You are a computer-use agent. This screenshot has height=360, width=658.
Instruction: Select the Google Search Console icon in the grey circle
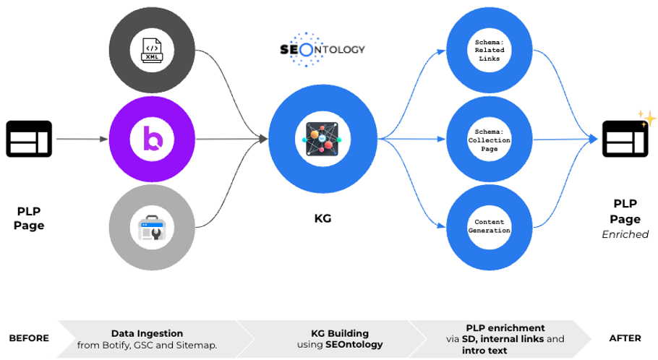pyautogui.click(x=153, y=228)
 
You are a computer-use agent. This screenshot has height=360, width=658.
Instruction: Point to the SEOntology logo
pyautogui.click(x=322, y=50)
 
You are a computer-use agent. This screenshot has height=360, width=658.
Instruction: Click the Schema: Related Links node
pyautogui.click(x=489, y=50)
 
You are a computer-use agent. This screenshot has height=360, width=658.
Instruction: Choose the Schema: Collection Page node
pyautogui.click(x=489, y=139)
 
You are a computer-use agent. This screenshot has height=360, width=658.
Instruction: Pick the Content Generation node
pyautogui.click(x=489, y=226)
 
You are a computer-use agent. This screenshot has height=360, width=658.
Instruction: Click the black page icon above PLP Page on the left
pyautogui.click(x=29, y=138)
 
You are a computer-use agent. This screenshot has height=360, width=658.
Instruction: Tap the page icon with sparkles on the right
pyautogui.click(x=625, y=139)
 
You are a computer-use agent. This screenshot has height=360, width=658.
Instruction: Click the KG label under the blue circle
pyautogui.click(x=322, y=218)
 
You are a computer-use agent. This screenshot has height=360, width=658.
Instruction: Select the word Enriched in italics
pyautogui.click(x=625, y=234)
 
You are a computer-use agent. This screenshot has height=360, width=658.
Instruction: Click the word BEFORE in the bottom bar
pyautogui.click(x=29, y=338)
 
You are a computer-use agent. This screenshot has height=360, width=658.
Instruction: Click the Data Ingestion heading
pyautogui.click(x=147, y=333)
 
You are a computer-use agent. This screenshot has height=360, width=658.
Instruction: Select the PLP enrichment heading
pyautogui.click(x=505, y=327)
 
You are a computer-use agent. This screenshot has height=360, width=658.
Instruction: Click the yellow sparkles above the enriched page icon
pyautogui.click(x=646, y=118)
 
